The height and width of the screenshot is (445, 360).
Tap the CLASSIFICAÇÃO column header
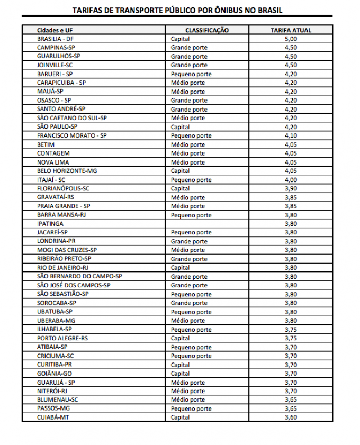pyautogui.click(x=207, y=30)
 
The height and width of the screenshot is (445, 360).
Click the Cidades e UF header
pyautogui.click(x=55, y=30)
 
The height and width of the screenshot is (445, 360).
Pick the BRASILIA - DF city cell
pyautogui.click(x=55, y=39)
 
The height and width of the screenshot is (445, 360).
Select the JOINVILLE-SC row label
pyautogui.click(x=55, y=65)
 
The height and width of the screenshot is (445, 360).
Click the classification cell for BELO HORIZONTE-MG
pyautogui.click(x=180, y=171)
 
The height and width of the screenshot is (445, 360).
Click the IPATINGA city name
pyautogui.click(x=50, y=224)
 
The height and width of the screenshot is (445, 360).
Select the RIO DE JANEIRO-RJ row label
pyautogui.click(x=62, y=268)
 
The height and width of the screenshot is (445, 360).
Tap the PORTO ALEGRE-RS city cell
pyautogui.click(x=62, y=338)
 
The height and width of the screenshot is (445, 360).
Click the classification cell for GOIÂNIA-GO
pyautogui.click(x=180, y=374)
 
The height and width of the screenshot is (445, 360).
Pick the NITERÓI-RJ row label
pyautogui.click(x=52, y=391)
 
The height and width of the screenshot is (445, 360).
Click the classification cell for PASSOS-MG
pyautogui.click(x=191, y=408)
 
